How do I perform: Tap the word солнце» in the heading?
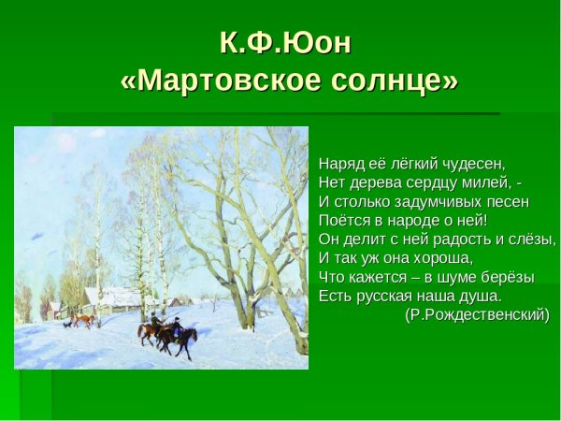tap(390, 81)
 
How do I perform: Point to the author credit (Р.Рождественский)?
tap(477, 314)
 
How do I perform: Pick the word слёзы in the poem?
tap(530, 239)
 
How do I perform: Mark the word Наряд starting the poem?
tap(339, 163)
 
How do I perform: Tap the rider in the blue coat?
tap(176, 327)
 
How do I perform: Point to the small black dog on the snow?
tap(65, 324)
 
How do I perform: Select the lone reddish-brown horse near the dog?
tap(85, 320)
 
